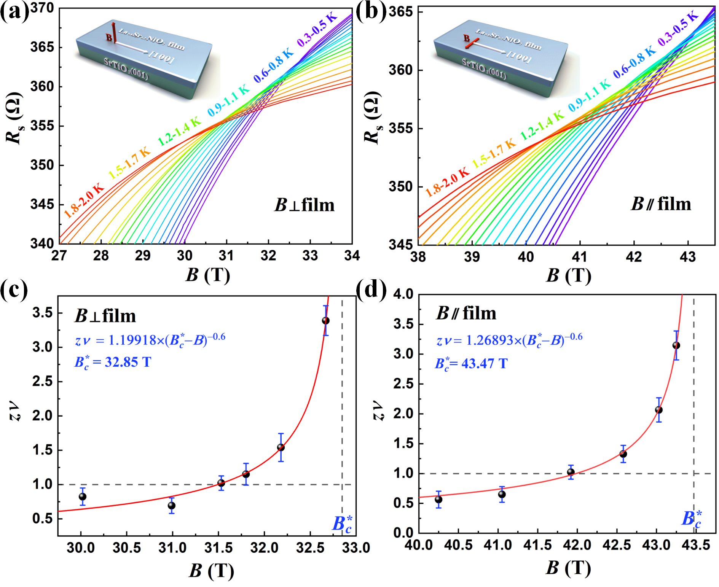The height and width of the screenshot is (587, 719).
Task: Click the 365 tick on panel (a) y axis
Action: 42,47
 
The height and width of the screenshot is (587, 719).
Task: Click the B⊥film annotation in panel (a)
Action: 304,205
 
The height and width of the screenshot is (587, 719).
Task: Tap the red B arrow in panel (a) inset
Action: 113,32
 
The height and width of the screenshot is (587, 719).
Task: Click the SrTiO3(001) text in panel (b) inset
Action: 484,68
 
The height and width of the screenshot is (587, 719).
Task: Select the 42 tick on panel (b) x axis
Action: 634,257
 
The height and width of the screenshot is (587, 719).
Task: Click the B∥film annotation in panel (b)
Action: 661,204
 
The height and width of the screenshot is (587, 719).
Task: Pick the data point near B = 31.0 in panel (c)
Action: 172,506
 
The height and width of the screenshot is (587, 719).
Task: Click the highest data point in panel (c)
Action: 325,321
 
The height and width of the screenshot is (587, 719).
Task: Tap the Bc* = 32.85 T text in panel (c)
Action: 113,362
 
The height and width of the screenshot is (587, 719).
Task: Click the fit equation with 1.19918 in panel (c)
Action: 150,339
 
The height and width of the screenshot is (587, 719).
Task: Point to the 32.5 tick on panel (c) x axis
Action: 310,548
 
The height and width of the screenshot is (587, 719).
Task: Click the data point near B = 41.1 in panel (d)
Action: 502,494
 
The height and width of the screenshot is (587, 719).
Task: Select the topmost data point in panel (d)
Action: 676,345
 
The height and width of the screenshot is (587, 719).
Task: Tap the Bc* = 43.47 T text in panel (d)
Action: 471,363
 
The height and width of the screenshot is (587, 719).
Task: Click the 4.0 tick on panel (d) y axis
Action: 403,294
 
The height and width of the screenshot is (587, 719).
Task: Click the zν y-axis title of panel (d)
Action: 379,410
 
